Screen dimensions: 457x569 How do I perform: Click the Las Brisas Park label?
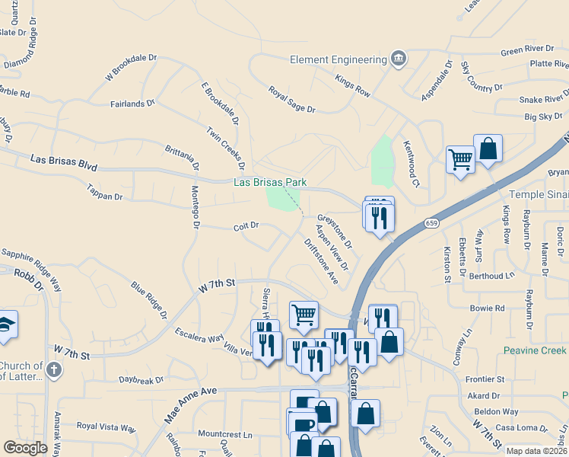point(269,183)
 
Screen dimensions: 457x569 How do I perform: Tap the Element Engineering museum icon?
point(398,59)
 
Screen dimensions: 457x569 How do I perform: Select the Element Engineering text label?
point(339,59)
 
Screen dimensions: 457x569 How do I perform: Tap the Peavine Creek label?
point(536,350)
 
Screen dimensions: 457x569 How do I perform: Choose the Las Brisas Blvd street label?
point(65,161)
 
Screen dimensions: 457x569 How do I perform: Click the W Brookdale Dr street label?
point(130,66)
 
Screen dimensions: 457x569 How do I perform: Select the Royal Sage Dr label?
point(291,99)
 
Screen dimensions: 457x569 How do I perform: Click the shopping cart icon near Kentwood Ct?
point(460,159)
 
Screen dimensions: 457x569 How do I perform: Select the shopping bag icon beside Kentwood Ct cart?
point(488,149)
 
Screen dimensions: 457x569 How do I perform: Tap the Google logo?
point(25,448)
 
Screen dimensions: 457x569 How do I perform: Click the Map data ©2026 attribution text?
point(536,451)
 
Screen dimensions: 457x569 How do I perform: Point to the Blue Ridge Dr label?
point(149,299)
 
